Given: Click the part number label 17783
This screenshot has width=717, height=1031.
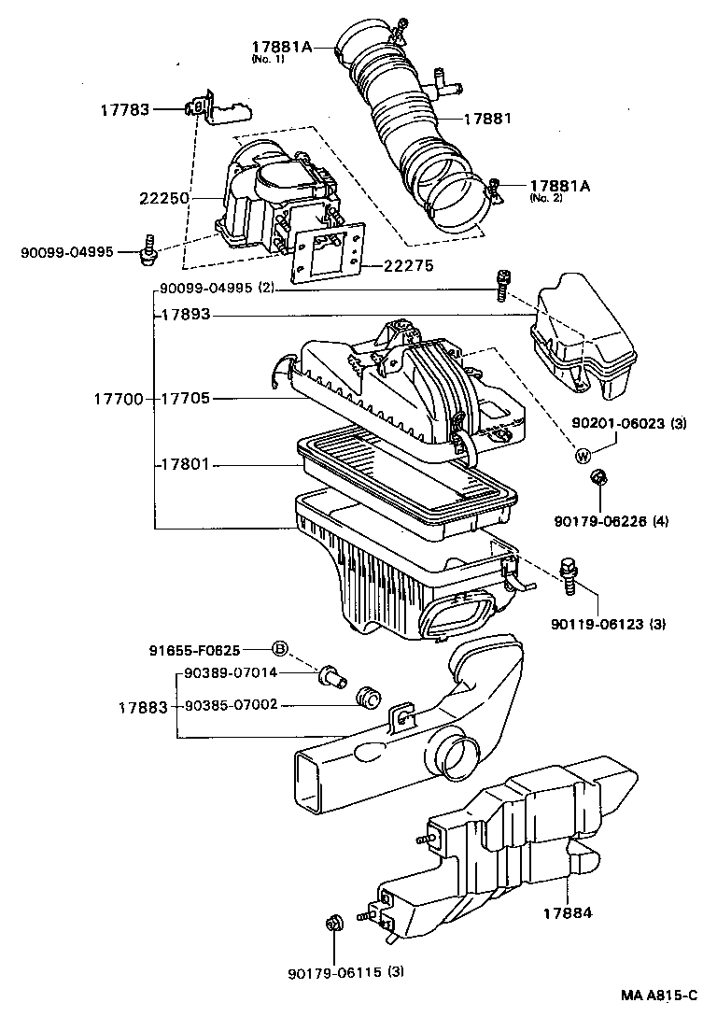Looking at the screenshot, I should click(124, 110).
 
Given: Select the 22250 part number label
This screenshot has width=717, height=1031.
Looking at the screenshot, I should click(165, 198).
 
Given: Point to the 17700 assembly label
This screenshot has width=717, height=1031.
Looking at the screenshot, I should click(117, 399).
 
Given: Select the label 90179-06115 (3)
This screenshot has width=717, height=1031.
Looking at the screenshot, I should click(346, 972).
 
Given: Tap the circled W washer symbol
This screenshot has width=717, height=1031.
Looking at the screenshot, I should click(582, 455).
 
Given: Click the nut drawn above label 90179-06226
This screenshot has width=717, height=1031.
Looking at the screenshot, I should click(598, 479).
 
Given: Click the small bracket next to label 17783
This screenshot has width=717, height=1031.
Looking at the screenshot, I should click(219, 110).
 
